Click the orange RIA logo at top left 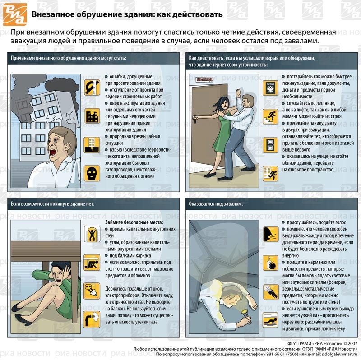(15, 14)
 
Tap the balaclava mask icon (92, 173)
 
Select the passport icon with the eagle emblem (270, 88)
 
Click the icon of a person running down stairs (270, 116)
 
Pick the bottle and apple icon (270, 263)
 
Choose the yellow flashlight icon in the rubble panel (270, 291)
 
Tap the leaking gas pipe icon (92, 319)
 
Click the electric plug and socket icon (92, 291)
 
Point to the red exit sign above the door (204, 79)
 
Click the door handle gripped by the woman (195, 119)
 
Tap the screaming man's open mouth (52, 152)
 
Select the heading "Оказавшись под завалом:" (216, 204)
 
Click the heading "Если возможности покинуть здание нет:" (52, 204)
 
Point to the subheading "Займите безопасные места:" (134, 222)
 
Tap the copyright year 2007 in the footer (352, 344)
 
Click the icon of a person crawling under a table (92, 263)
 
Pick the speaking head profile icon (270, 234)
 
